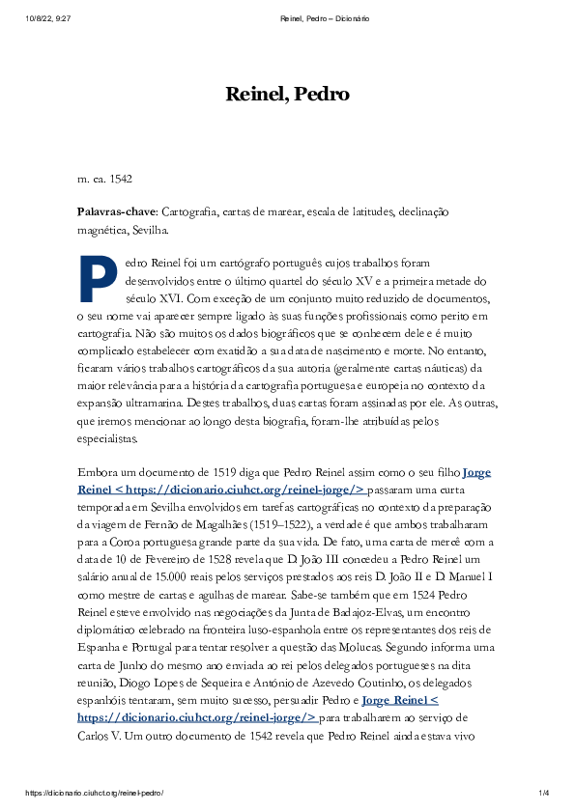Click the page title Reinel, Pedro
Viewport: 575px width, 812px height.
point(287,94)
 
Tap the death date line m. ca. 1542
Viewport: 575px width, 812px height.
point(104,179)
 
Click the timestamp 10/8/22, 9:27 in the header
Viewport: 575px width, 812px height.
point(48,18)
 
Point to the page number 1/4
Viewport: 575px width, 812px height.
point(543,793)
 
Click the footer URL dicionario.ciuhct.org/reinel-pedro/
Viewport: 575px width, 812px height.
point(95,793)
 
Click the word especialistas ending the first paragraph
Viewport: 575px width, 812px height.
point(108,437)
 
